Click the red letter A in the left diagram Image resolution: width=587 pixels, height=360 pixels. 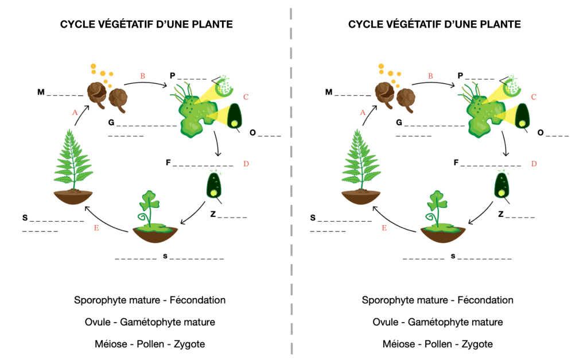click(75, 113)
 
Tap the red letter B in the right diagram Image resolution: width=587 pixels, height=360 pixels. click(430, 76)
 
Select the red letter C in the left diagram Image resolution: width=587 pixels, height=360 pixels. click(246, 97)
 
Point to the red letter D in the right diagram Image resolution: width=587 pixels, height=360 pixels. click(534, 164)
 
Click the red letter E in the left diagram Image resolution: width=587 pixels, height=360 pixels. click(96, 229)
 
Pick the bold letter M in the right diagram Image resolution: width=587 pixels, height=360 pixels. click(329, 92)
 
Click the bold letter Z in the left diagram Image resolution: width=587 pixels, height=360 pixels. click(212, 214)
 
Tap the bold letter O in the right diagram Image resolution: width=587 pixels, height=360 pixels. click(541, 133)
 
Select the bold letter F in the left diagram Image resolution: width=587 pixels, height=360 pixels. click(168, 163)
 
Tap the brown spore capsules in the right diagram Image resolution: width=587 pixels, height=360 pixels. click(396, 95)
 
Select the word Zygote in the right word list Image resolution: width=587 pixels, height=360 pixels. click(473, 344)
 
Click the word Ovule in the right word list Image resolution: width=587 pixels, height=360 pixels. click(384, 322)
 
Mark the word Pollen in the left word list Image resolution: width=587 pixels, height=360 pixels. click(152, 344)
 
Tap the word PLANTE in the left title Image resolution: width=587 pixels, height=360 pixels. click(212, 25)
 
